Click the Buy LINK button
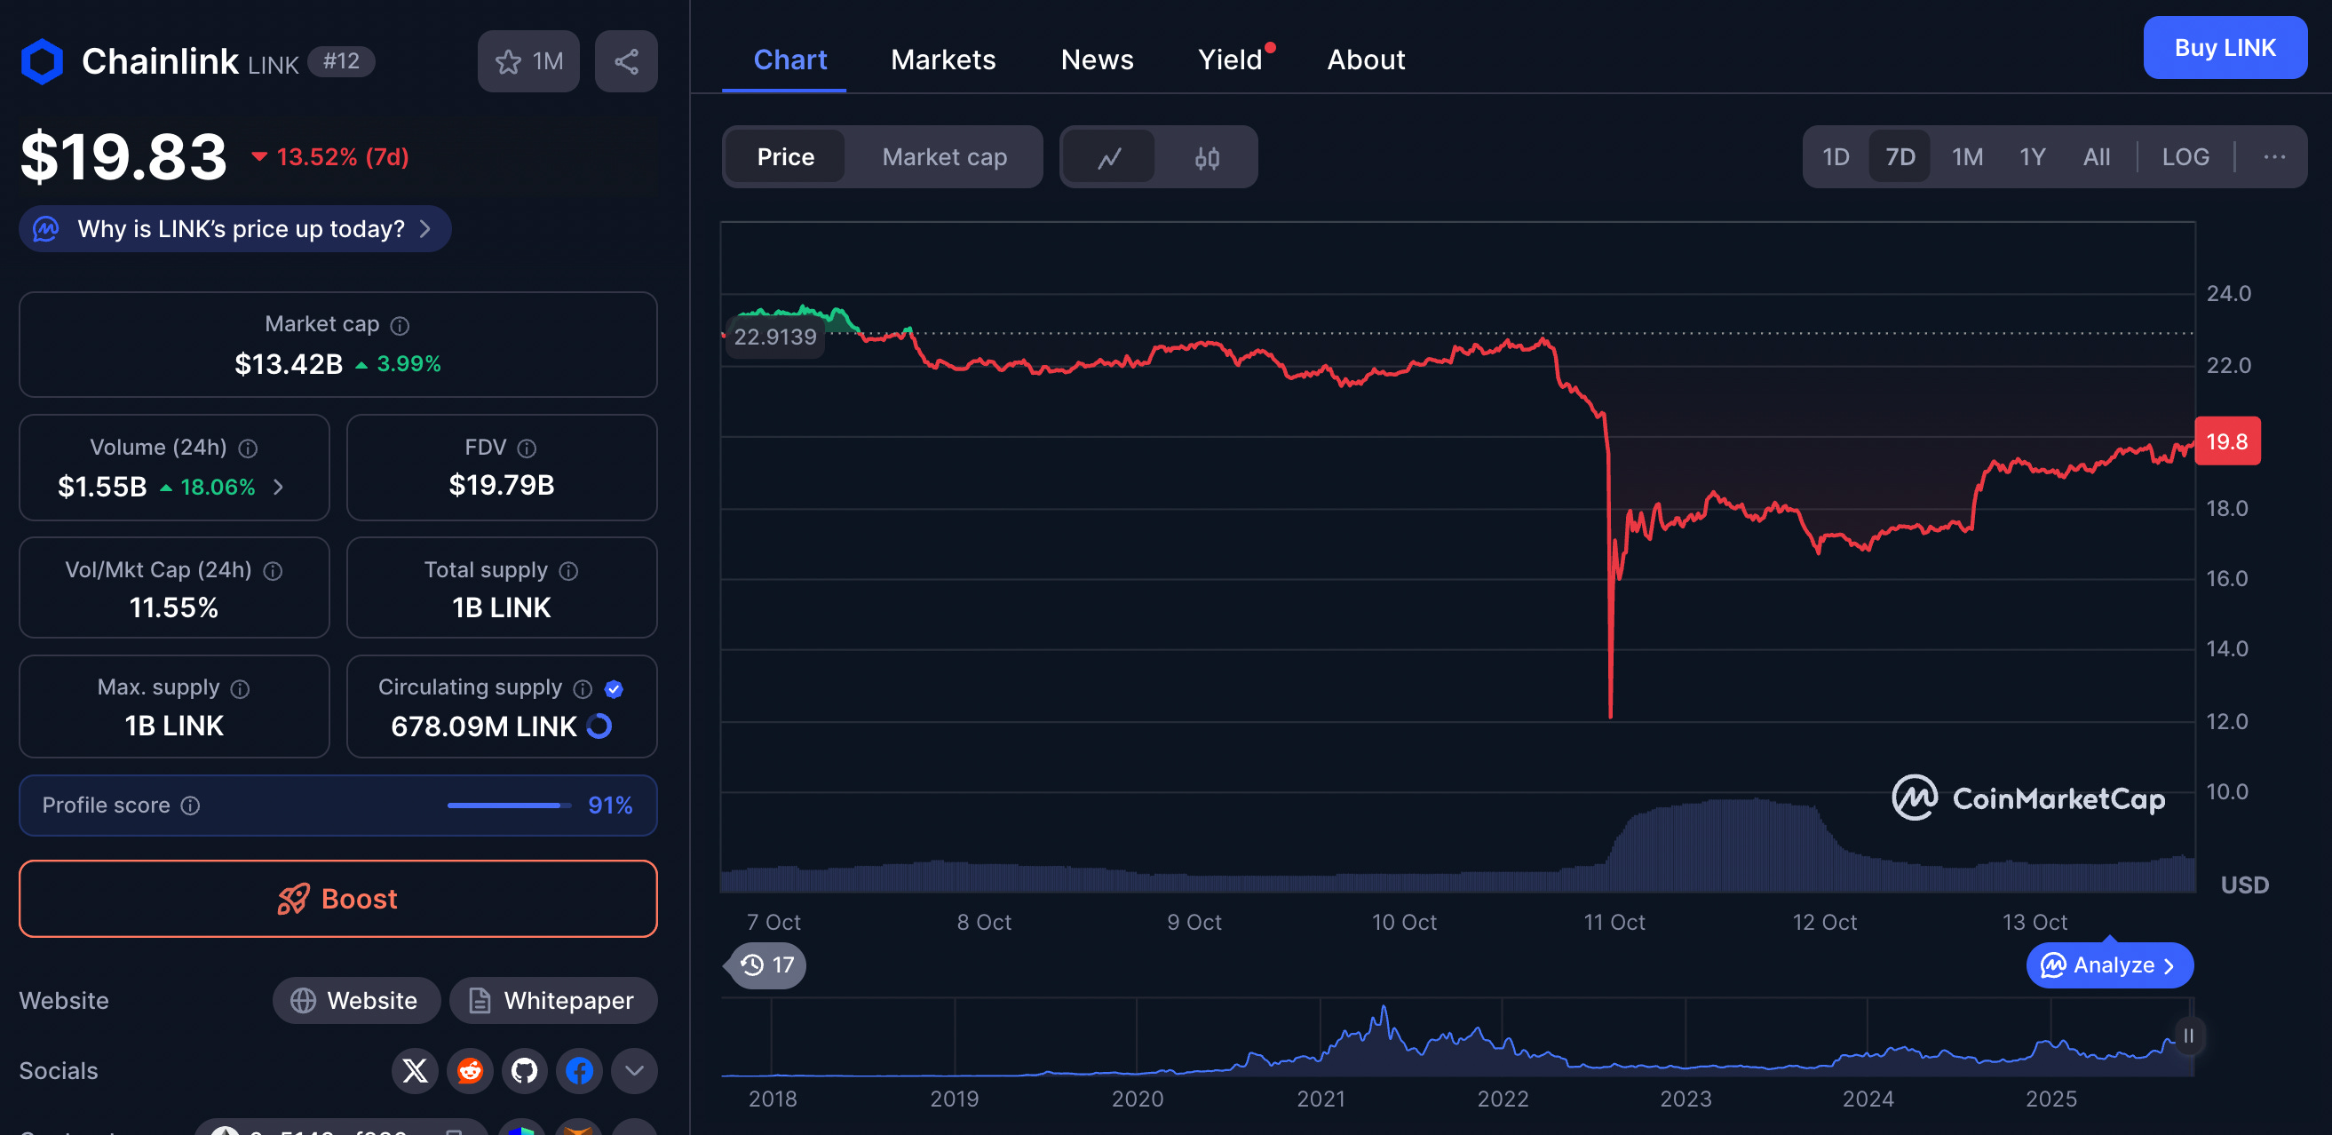2224,48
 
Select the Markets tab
942,60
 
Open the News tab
1097,60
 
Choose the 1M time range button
1966,157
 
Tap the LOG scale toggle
2185,157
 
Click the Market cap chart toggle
943,157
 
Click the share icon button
625,61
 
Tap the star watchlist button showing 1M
528,61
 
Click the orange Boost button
337,898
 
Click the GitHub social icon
524,1071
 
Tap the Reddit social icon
470,1071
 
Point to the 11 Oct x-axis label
1614,923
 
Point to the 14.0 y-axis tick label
2226,649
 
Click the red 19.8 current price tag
2226,441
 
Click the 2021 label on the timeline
1320,1099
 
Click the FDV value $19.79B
502,485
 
